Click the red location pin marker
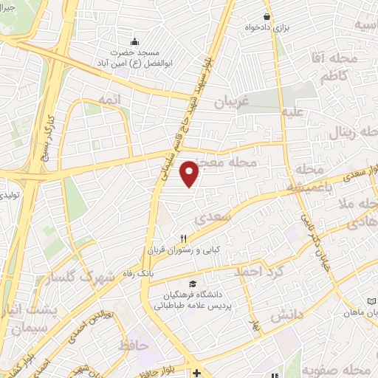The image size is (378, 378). pyautogui.click(x=190, y=173)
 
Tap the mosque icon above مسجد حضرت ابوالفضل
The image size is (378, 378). pyautogui.click(x=134, y=41)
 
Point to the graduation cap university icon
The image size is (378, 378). pyautogui.click(x=193, y=284)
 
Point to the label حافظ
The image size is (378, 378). pyautogui.click(x=133, y=344)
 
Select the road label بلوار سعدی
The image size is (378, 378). pyautogui.click(x=361, y=175)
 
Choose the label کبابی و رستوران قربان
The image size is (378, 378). pyautogui.click(x=187, y=249)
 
